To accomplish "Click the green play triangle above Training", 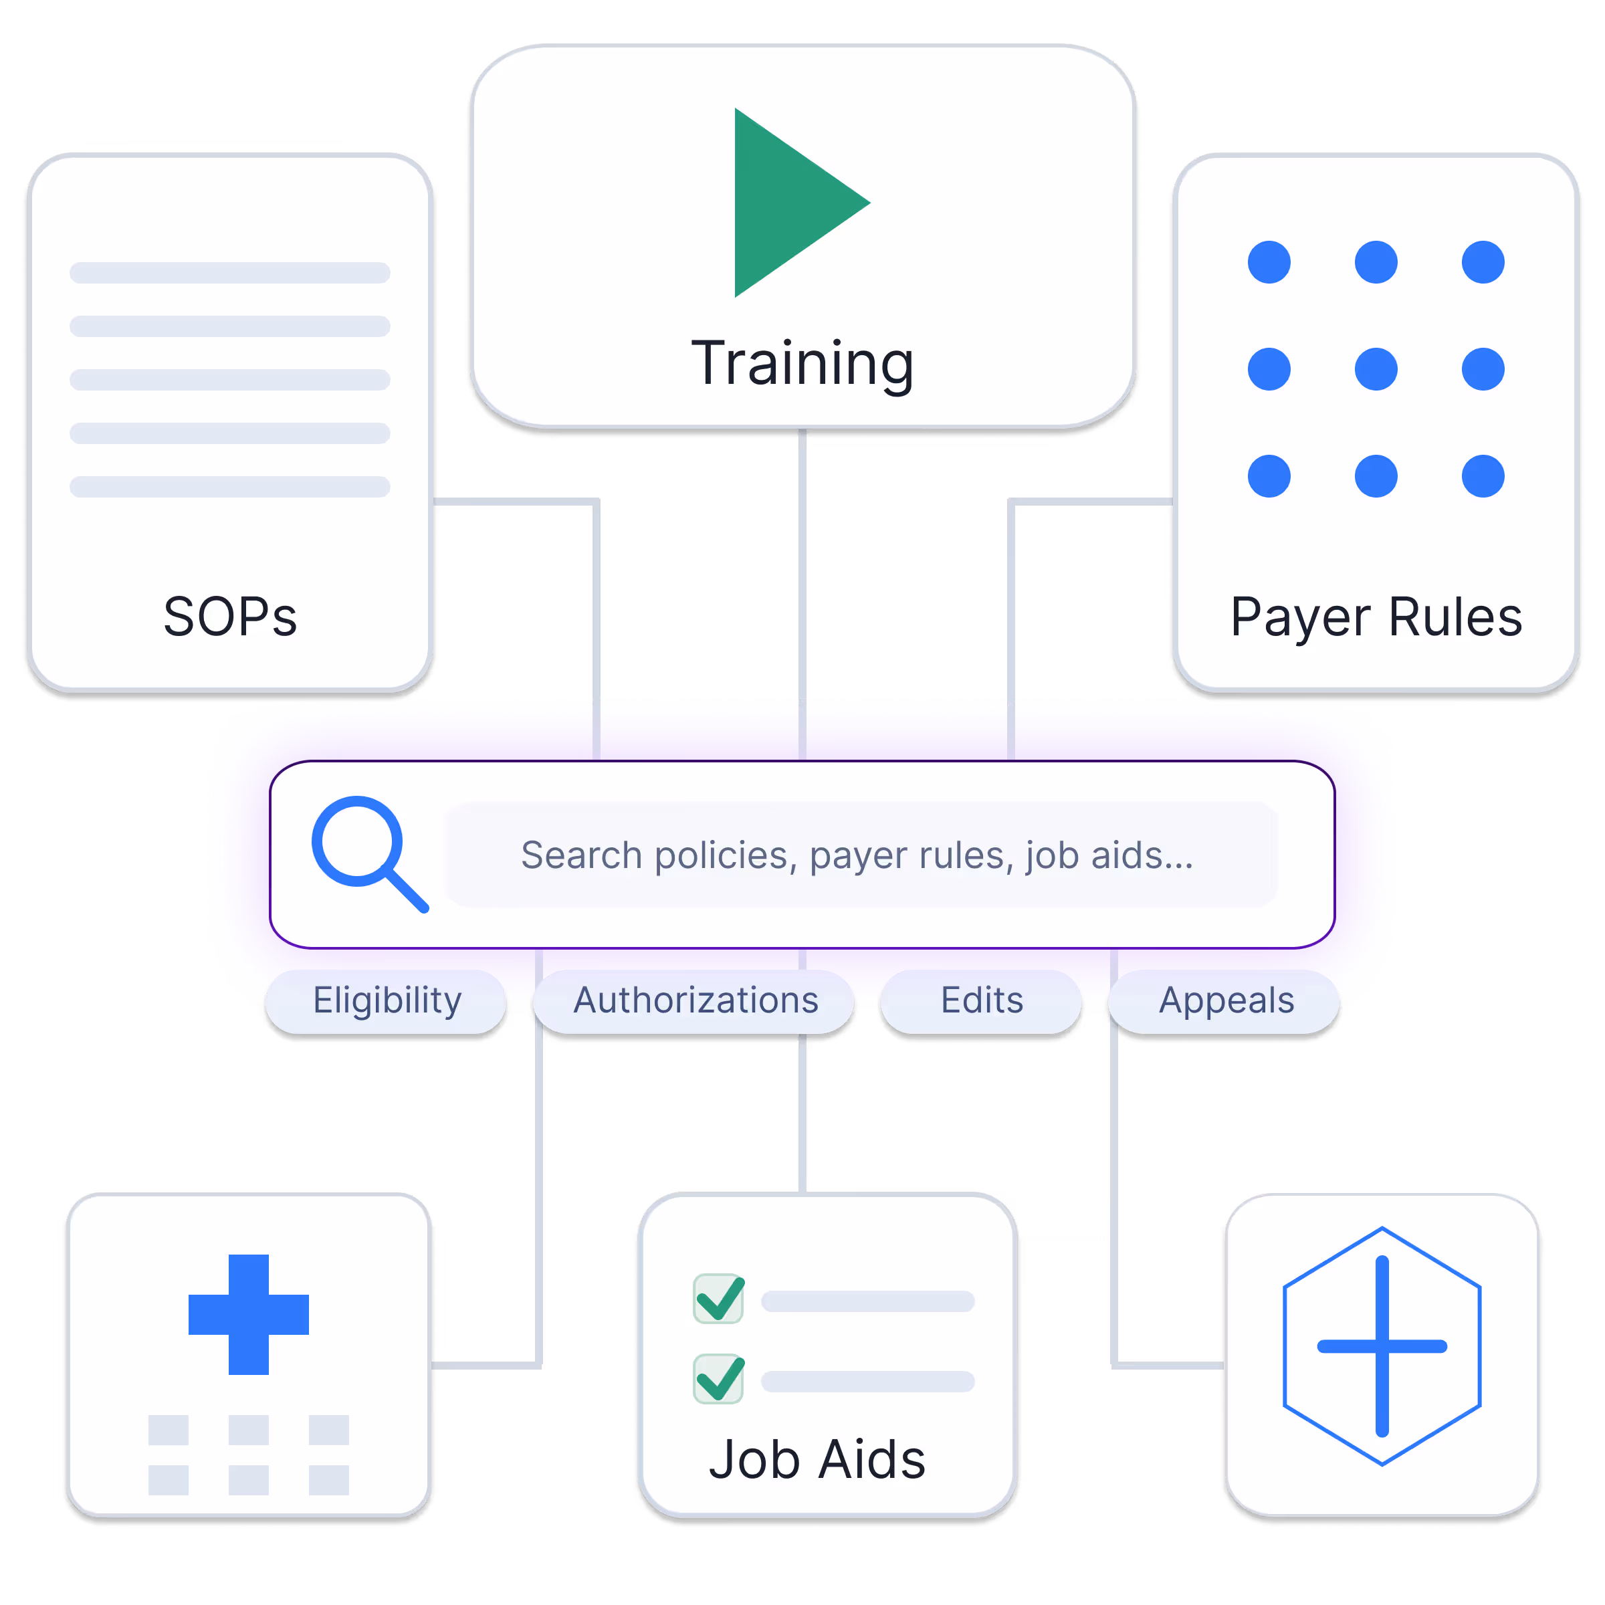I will coord(789,203).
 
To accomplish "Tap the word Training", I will coord(802,363).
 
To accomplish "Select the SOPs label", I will coord(230,617).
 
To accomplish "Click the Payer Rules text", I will coord(1376,617).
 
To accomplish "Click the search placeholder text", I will coord(857,855).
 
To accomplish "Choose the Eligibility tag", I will coord(387,1000).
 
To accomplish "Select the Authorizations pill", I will coord(695,1000).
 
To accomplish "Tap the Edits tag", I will coord(981,1000).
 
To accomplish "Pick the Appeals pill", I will coord(1226,1000).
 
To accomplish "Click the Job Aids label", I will coord(817,1460).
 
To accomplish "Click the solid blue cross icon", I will coord(248,1314).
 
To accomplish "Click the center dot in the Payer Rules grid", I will coord(1376,369).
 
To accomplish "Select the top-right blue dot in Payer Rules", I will coord(1483,263).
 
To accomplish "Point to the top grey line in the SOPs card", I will coord(230,272).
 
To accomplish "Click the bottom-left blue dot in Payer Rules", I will coord(1269,476).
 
